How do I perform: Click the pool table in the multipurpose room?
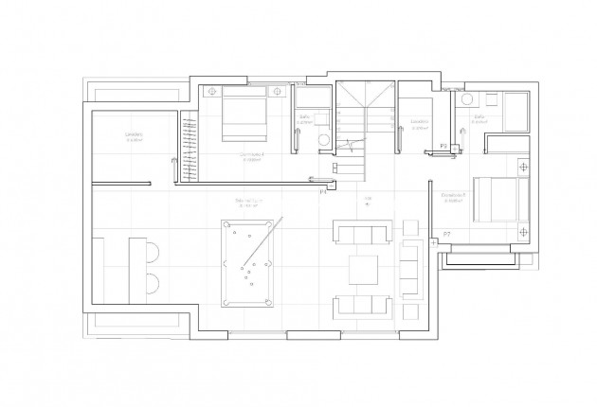coord(246,263)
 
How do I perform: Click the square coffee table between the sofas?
coord(363,270)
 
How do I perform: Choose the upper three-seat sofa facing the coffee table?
coord(362,233)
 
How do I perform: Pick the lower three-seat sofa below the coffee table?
coord(361,306)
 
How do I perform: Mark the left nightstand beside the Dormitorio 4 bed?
coord(211,92)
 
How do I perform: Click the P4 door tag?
coord(322,193)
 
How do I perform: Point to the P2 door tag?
coord(443,145)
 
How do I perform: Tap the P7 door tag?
coord(446,233)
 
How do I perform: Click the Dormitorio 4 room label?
coord(251,153)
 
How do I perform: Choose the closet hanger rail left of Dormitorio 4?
coord(189,147)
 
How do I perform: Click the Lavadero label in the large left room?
coord(134,134)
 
